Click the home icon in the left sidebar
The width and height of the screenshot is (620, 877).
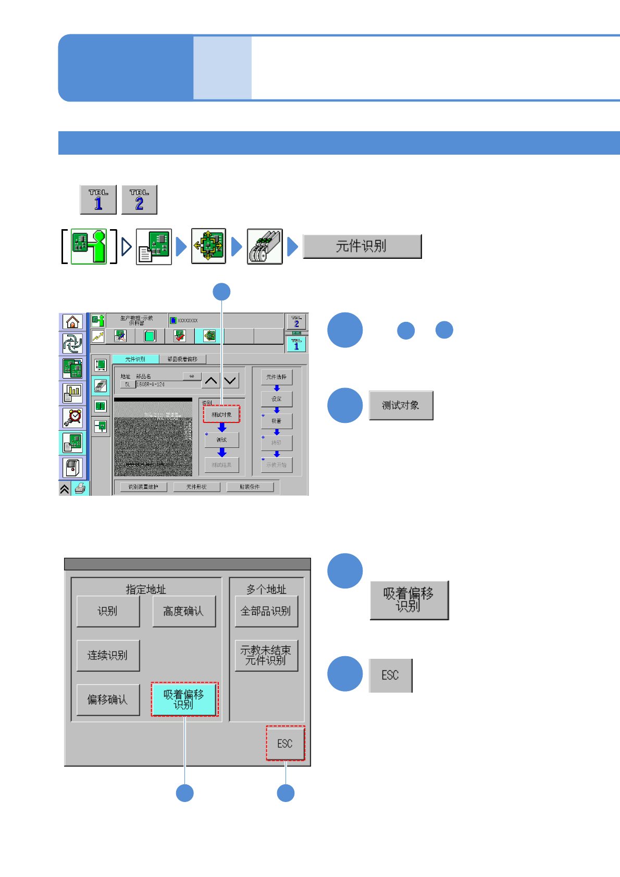pyautogui.click(x=72, y=322)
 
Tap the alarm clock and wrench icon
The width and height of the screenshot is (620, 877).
pyautogui.click(x=72, y=418)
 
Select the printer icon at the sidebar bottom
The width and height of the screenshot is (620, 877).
pyautogui.click(x=80, y=488)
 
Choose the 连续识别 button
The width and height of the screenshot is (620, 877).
pyautogui.click(x=108, y=655)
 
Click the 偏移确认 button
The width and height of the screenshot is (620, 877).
pyautogui.click(x=108, y=699)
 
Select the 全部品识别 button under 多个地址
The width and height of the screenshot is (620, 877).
pyautogui.click(x=266, y=611)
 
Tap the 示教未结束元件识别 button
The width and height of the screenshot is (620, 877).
pyautogui.click(x=266, y=655)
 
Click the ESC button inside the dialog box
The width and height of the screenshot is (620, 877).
pyautogui.click(x=285, y=743)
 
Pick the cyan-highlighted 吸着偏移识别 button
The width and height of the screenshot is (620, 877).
pyautogui.click(x=184, y=699)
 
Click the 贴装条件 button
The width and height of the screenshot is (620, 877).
pyautogui.click(x=250, y=487)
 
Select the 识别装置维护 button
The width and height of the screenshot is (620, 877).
pyautogui.click(x=143, y=487)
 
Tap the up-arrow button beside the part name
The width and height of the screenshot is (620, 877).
pyautogui.click(x=211, y=381)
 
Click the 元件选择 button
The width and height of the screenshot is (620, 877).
pyautogui.click(x=276, y=377)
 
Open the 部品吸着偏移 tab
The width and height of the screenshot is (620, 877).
pyautogui.click(x=182, y=359)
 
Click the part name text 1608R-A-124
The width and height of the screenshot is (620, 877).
pyautogui.click(x=151, y=384)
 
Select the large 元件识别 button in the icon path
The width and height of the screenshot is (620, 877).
pyautogui.click(x=362, y=246)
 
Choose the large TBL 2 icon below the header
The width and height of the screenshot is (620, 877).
pyautogui.click(x=139, y=199)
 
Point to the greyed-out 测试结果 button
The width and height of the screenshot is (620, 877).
pyautogui.click(x=221, y=465)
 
